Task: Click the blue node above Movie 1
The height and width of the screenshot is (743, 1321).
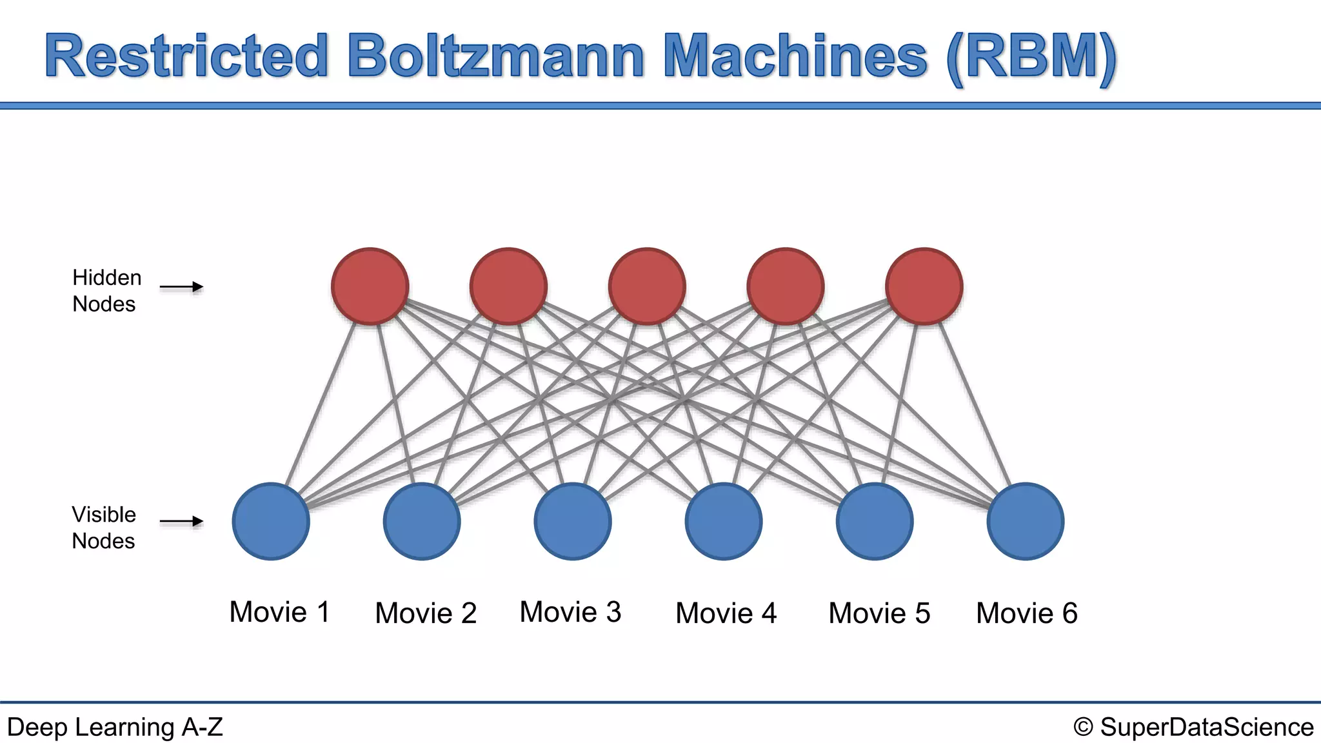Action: click(x=271, y=521)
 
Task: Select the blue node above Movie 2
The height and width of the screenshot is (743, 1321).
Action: click(x=422, y=521)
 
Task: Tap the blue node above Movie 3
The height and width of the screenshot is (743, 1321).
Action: click(x=573, y=521)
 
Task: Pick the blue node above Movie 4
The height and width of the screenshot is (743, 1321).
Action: click(x=724, y=521)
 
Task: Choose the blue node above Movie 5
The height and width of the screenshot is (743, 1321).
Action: click(x=875, y=521)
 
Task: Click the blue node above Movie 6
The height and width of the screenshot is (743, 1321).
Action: click(x=1026, y=521)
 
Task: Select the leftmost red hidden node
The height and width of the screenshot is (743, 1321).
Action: click(x=370, y=286)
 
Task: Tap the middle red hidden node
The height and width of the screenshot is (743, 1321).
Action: click(x=647, y=286)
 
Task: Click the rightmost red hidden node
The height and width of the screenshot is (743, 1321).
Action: click(x=924, y=286)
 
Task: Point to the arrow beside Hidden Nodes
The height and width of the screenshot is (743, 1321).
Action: click(x=181, y=287)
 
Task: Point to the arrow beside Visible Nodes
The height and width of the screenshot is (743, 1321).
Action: click(x=181, y=521)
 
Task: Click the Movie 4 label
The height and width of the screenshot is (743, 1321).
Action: click(x=726, y=613)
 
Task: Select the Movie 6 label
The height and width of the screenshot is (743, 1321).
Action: click(x=1026, y=613)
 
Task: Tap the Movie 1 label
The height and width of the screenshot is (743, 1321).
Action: click(x=279, y=611)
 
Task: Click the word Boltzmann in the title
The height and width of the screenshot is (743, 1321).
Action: click(x=495, y=57)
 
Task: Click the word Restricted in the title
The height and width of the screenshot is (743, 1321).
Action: click(x=187, y=57)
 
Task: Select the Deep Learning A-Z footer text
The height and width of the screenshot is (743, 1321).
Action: click(x=115, y=727)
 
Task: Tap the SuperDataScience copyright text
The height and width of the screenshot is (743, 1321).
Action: click(x=1193, y=727)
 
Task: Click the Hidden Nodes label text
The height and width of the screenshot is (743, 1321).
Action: click(x=106, y=290)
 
